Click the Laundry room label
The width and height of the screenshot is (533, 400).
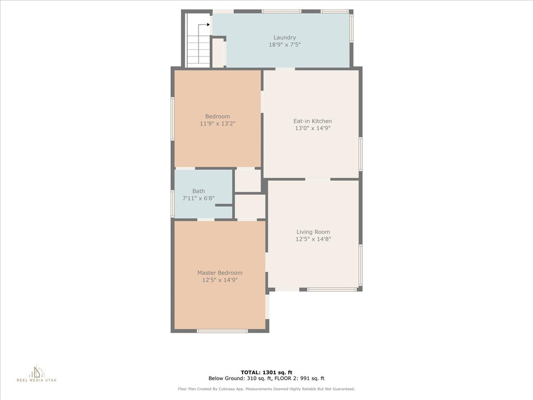(x=285, y=37)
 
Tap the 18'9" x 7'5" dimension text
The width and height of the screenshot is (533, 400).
(x=285, y=45)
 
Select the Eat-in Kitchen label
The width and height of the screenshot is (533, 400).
(x=313, y=121)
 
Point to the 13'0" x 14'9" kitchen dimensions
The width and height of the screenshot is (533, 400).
(x=313, y=128)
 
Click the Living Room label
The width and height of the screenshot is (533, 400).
(x=313, y=232)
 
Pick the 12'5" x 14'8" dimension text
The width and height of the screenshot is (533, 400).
(x=313, y=239)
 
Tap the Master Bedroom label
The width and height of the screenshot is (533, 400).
(x=220, y=273)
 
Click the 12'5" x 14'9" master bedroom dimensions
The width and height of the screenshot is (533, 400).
(x=220, y=280)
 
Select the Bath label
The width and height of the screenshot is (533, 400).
(x=198, y=191)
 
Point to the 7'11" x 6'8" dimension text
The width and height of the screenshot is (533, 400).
(x=198, y=198)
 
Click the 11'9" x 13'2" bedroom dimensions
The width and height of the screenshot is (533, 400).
(x=218, y=123)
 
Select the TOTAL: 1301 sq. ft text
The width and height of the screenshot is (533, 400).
(x=266, y=372)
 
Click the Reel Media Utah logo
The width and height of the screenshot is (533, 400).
(x=37, y=373)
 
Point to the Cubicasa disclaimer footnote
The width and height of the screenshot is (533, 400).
(x=266, y=389)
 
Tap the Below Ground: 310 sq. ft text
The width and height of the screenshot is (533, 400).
(x=240, y=378)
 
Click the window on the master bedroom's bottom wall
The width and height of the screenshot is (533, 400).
(x=222, y=331)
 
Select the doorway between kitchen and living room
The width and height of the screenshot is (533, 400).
(x=318, y=179)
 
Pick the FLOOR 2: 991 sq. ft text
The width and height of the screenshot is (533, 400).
(x=299, y=378)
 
